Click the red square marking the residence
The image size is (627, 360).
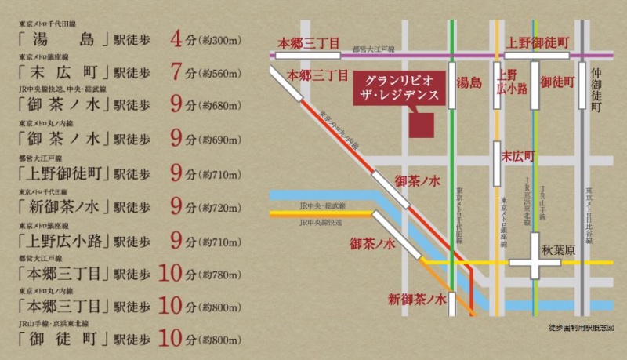tap(424, 122)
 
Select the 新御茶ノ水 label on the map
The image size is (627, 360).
tap(416, 299)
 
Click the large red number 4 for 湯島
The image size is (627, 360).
tap(176, 39)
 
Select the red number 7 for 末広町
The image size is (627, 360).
tap(176, 73)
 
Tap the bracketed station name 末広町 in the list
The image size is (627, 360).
tap(63, 73)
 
